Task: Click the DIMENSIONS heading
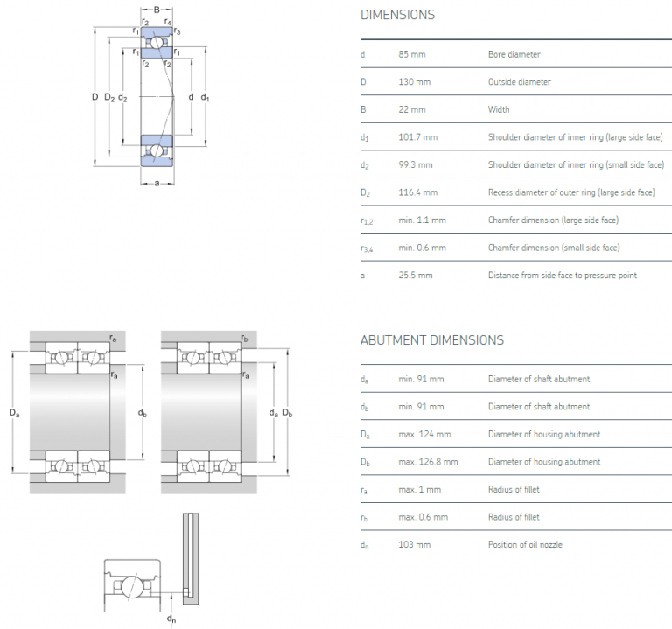point(397,15)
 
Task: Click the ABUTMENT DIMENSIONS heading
point(432,340)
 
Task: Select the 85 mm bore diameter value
point(412,54)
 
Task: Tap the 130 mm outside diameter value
point(414,82)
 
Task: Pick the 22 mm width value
point(412,109)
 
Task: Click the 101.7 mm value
point(418,137)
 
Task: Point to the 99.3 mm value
point(416,164)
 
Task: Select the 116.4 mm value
point(418,192)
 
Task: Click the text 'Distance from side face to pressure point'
point(563,275)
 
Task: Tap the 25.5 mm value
point(416,275)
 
